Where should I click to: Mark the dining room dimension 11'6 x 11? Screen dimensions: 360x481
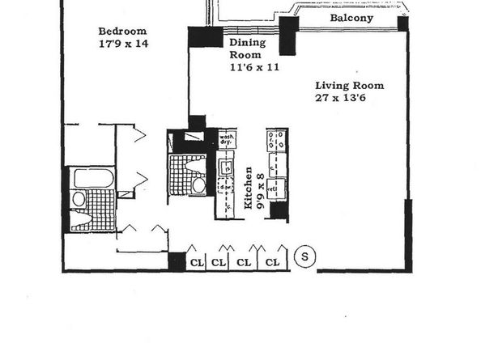(254, 68)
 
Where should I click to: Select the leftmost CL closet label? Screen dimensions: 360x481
(197, 262)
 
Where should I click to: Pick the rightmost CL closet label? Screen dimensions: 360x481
(274, 262)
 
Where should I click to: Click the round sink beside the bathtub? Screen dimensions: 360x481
(79, 199)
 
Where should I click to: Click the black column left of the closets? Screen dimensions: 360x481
(177, 262)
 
